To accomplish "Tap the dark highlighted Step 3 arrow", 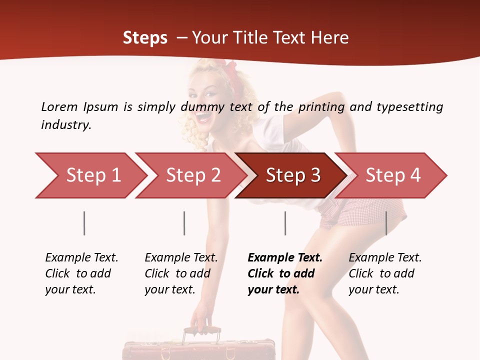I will pyautogui.click(x=292, y=175).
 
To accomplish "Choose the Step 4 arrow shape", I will pyautogui.click(x=393, y=175).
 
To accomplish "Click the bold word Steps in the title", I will pyautogui.click(x=145, y=38).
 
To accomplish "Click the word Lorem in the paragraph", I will pyautogui.click(x=59, y=106).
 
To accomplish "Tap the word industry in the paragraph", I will pyautogui.click(x=66, y=125).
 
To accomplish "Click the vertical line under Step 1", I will pyautogui.click(x=84, y=223).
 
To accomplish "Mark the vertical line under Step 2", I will pyautogui.click(x=184, y=223).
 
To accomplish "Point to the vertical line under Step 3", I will pyautogui.click(x=285, y=223).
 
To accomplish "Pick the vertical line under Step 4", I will pyautogui.click(x=386, y=223).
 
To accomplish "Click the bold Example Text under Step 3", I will pyautogui.click(x=285, y=257).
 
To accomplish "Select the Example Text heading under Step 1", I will pyautogui.click(x=81, y=257).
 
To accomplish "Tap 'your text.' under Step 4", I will pyautogui.click(x=373, y=289).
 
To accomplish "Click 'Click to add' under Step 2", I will pyautogui.click(x=177, y=273).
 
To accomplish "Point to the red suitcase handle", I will pyautogui.click(x=202, y=331).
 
